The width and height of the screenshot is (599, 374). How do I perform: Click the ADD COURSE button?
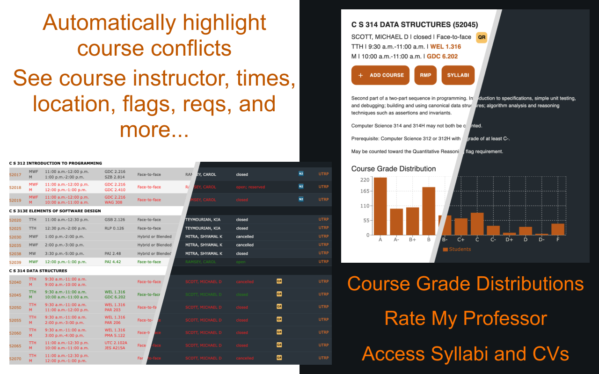tap(380, 75)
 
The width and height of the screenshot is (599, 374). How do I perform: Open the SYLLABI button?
tap(458, 75)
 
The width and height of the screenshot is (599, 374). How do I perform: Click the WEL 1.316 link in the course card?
tap(446, 47)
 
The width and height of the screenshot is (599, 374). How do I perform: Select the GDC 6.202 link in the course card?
tap(442, 57)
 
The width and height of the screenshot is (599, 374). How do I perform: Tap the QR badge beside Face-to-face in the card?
tap(482, 37)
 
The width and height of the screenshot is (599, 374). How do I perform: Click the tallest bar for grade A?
tap(380, 206)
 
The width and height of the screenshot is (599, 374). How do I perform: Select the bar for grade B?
tap(429, 211)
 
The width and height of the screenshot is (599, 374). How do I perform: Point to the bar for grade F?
tap(558, 229)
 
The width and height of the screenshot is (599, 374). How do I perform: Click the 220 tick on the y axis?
tap(365, 180)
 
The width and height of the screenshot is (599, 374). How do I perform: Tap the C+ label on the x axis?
tap(461, 240)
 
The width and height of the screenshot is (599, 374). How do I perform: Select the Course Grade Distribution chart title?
tap(394, 169)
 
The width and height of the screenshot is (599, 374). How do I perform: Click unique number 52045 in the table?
tap(15, 295)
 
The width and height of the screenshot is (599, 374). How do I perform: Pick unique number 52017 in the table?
tap(15, 174)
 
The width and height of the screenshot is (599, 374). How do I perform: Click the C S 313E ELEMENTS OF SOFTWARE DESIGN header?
tap(55, 211)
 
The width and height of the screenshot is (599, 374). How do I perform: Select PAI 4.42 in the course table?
tap(113, 262)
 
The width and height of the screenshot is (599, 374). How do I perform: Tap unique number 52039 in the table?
tap(15, 262)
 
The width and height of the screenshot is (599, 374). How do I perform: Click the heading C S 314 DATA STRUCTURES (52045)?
tap(421, 25)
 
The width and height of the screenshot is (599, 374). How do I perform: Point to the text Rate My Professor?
tap(466, 319)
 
